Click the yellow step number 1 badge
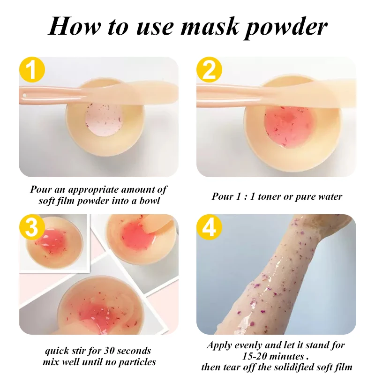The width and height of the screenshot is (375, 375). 32,70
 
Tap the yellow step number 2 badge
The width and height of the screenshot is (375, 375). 209,70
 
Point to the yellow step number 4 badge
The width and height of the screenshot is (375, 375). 209,228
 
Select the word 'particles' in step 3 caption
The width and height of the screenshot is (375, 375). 137,361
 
